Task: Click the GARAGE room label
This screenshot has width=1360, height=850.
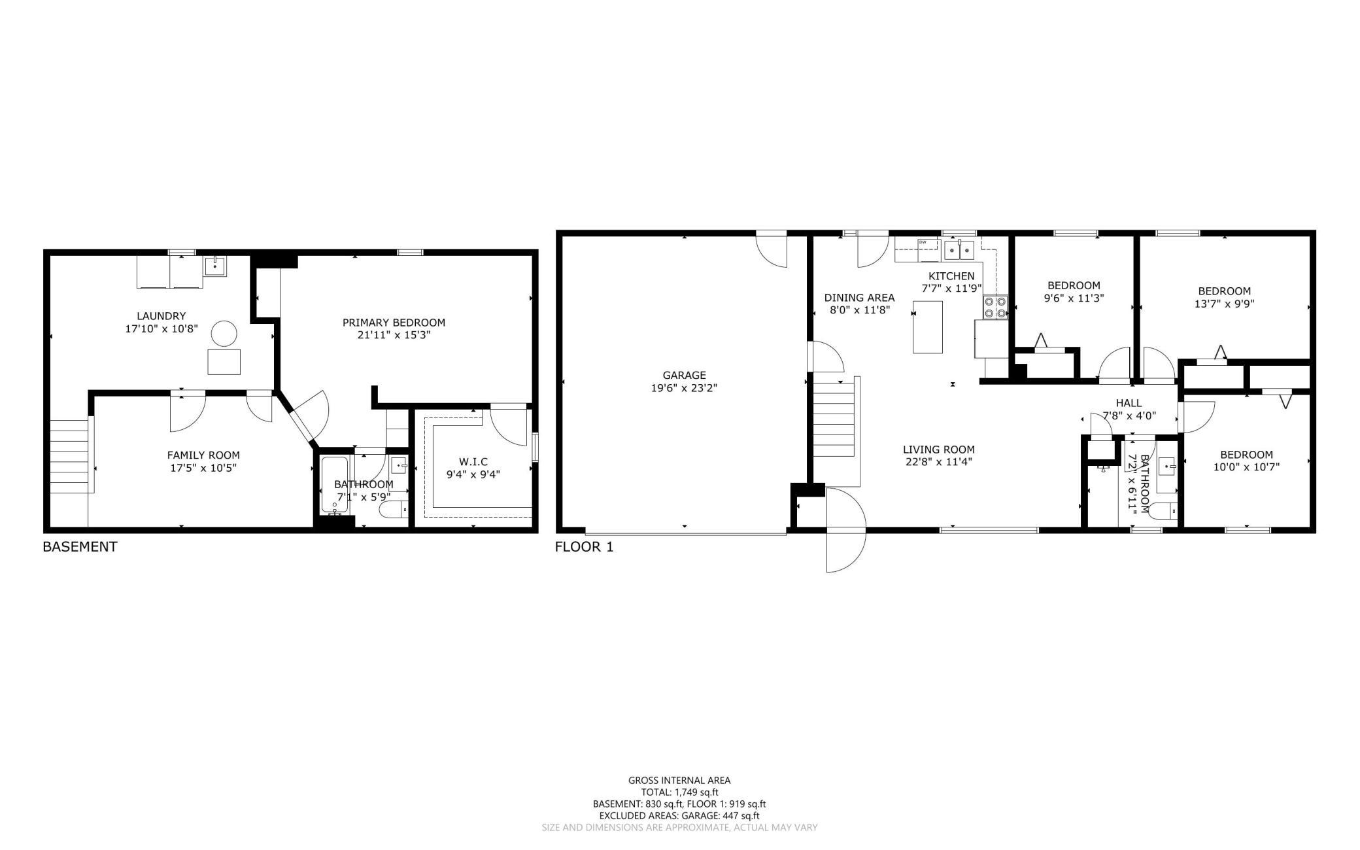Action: pos(684,375)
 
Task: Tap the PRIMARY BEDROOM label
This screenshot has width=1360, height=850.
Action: pos(394,323)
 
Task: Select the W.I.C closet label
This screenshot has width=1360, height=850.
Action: pos(473,462)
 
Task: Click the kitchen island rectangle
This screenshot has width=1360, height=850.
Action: pos(928,327)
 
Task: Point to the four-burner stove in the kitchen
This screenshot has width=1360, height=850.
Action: pos(995,308)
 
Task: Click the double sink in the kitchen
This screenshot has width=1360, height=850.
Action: pos(959,249)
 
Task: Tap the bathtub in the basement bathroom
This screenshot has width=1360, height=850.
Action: pos(335,485)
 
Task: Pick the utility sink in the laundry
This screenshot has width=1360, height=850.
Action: pos(214,266)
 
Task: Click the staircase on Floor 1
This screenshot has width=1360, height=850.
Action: pos(834,419)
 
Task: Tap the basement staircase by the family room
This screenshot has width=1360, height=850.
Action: pos(69,456)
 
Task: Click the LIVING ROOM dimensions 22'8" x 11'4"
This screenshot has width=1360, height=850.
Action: pos(939,462)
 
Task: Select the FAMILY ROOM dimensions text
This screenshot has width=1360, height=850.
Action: pos(203,468)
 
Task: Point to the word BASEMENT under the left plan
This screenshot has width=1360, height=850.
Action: pos(80,547)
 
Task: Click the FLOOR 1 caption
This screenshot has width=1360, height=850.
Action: pos(585,547)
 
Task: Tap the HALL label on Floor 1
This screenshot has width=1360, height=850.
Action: pos(1129,403)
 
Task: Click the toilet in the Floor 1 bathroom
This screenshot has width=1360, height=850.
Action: pos(1163,510)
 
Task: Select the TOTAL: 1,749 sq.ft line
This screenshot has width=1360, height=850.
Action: pos(679,792)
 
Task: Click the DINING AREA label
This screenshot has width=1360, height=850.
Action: pos(859,298)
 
